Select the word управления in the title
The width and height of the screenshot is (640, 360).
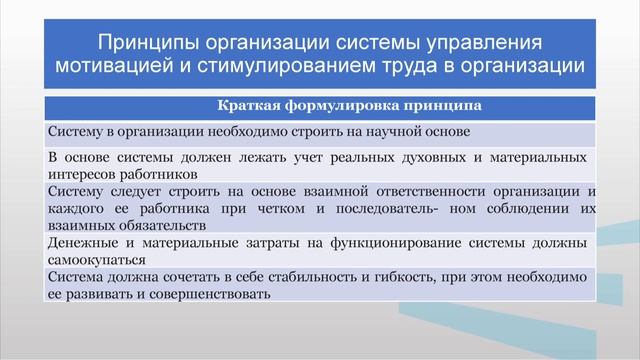[488, 44]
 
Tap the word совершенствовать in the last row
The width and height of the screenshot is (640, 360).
[212, 295]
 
